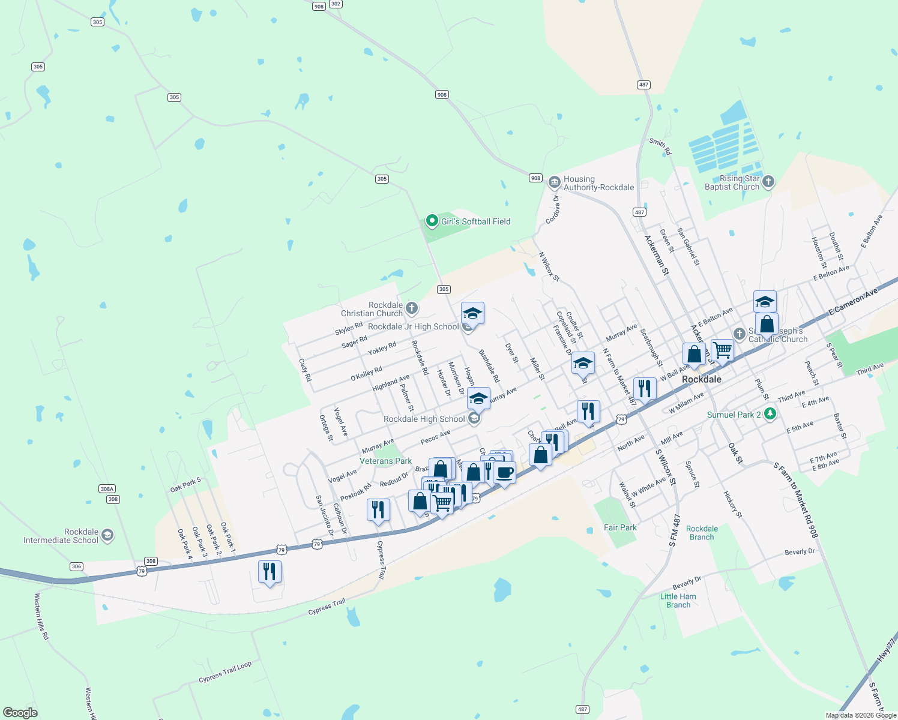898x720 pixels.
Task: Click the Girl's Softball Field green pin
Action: [x=432, y=221]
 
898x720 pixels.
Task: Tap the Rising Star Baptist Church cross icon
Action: [x=768, y=182]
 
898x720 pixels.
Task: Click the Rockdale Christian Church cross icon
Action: [x=411, y=308]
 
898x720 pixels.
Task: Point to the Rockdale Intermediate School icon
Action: [x=107, y=535]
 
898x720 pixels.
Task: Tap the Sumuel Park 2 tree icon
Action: [x=770, y=414]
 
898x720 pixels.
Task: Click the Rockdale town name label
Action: [x=702, y=379]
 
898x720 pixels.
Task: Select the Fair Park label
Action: [x=620, y=527]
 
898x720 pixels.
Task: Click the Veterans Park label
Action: [x=385, y=461]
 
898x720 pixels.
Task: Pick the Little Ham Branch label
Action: [x=678, y=601]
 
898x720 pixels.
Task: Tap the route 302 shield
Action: [x=336, y=4]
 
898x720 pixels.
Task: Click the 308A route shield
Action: [x=107, y=489]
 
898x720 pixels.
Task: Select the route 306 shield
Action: [x=76, y=566]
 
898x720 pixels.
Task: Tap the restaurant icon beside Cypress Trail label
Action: [x=378, y=509]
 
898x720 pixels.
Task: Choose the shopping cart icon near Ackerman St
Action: [x=722, y=349]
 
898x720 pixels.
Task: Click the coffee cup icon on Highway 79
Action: [x=504, y=472]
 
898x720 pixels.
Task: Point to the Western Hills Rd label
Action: [x=41, y=616]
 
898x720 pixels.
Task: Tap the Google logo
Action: [x=20, y=713]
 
